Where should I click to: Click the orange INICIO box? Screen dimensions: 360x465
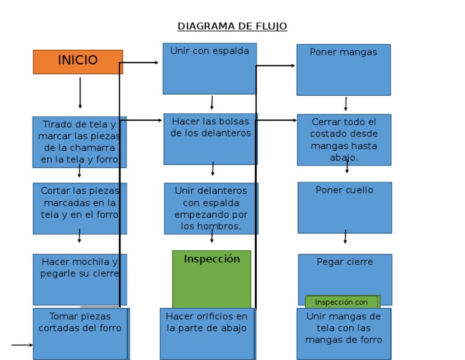tap(77, 61)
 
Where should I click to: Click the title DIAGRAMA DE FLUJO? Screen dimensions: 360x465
tap(232, 26)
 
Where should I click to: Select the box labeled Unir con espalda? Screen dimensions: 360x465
tap(209, 68)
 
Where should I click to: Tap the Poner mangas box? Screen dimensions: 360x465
tap(343, 69)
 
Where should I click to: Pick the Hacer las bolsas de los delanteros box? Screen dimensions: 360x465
tap(210, 139)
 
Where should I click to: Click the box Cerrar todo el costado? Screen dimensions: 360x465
tap(344, 139)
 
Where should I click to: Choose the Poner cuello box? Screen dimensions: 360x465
tap(345, 207)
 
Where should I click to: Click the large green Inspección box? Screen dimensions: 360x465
tap(211, 279)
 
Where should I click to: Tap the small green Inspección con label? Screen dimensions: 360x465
tap(341, 302)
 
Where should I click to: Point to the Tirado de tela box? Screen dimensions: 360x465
tap(79, 142)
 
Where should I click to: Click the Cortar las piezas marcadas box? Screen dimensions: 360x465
tap(79, 208)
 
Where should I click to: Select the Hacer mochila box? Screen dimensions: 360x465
tap(79, 279)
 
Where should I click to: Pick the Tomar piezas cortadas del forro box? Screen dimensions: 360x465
tap(81, 333)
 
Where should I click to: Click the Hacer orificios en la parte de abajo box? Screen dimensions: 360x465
tap(207, 333)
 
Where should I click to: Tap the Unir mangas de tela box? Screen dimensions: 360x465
tap(343, 333)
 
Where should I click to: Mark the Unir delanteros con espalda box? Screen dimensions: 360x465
tap(211, 208)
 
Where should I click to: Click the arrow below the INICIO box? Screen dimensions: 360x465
tap(80, 93)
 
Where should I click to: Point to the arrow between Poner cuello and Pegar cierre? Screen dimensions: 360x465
tap(345, 237)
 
